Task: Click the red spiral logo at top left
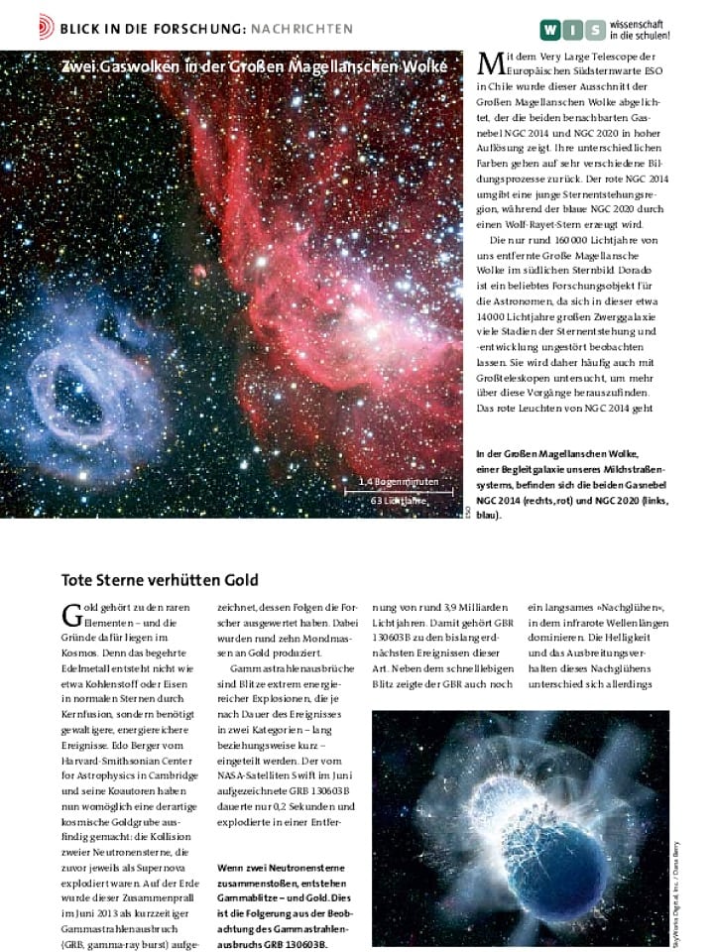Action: (x=46, y=21)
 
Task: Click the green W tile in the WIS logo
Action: (x=551, y=29)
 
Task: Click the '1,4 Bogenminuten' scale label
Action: (x=404, y=483)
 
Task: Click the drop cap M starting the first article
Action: (x=489, y=64)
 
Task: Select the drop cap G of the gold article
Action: (x=71, y=613)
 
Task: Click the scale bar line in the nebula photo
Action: (x=406, y=493)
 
